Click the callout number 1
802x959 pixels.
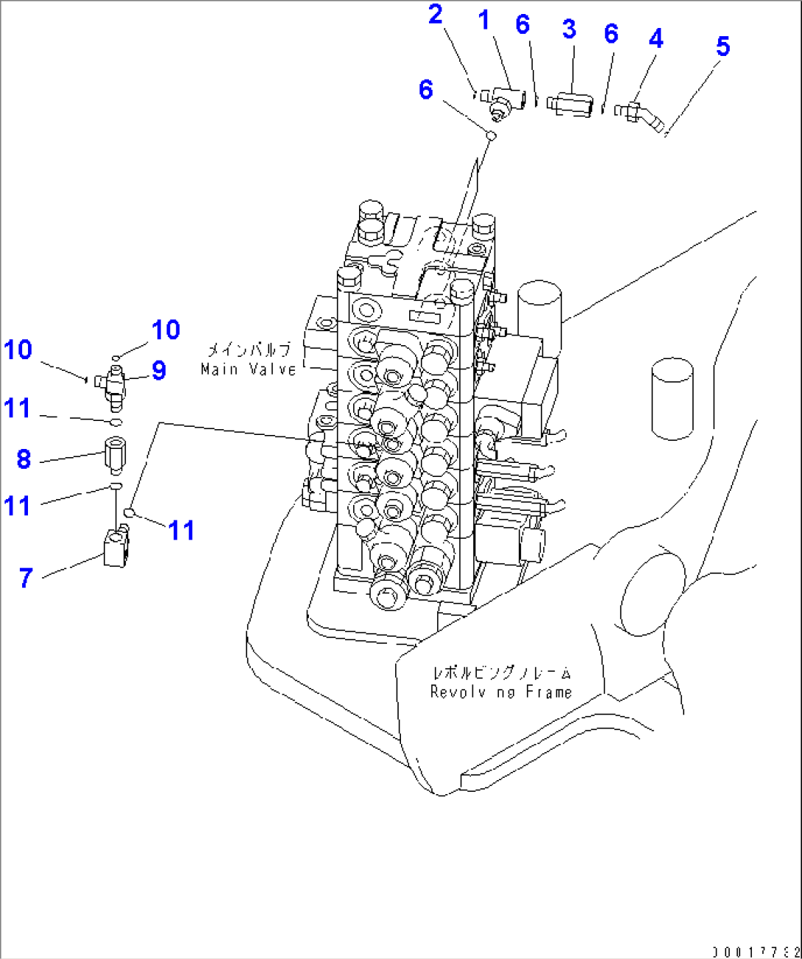483,21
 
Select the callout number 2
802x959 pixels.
436,14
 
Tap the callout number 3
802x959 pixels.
569,29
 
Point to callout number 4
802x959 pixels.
656,38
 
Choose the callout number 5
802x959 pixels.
723,46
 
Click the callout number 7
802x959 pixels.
26,578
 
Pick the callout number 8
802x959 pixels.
24,460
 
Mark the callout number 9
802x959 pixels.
159,370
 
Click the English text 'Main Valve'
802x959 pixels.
249,369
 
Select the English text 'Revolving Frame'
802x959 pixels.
501,692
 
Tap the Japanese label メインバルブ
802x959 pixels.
249,350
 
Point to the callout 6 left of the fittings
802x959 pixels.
425,90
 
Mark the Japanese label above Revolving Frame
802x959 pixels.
502,672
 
